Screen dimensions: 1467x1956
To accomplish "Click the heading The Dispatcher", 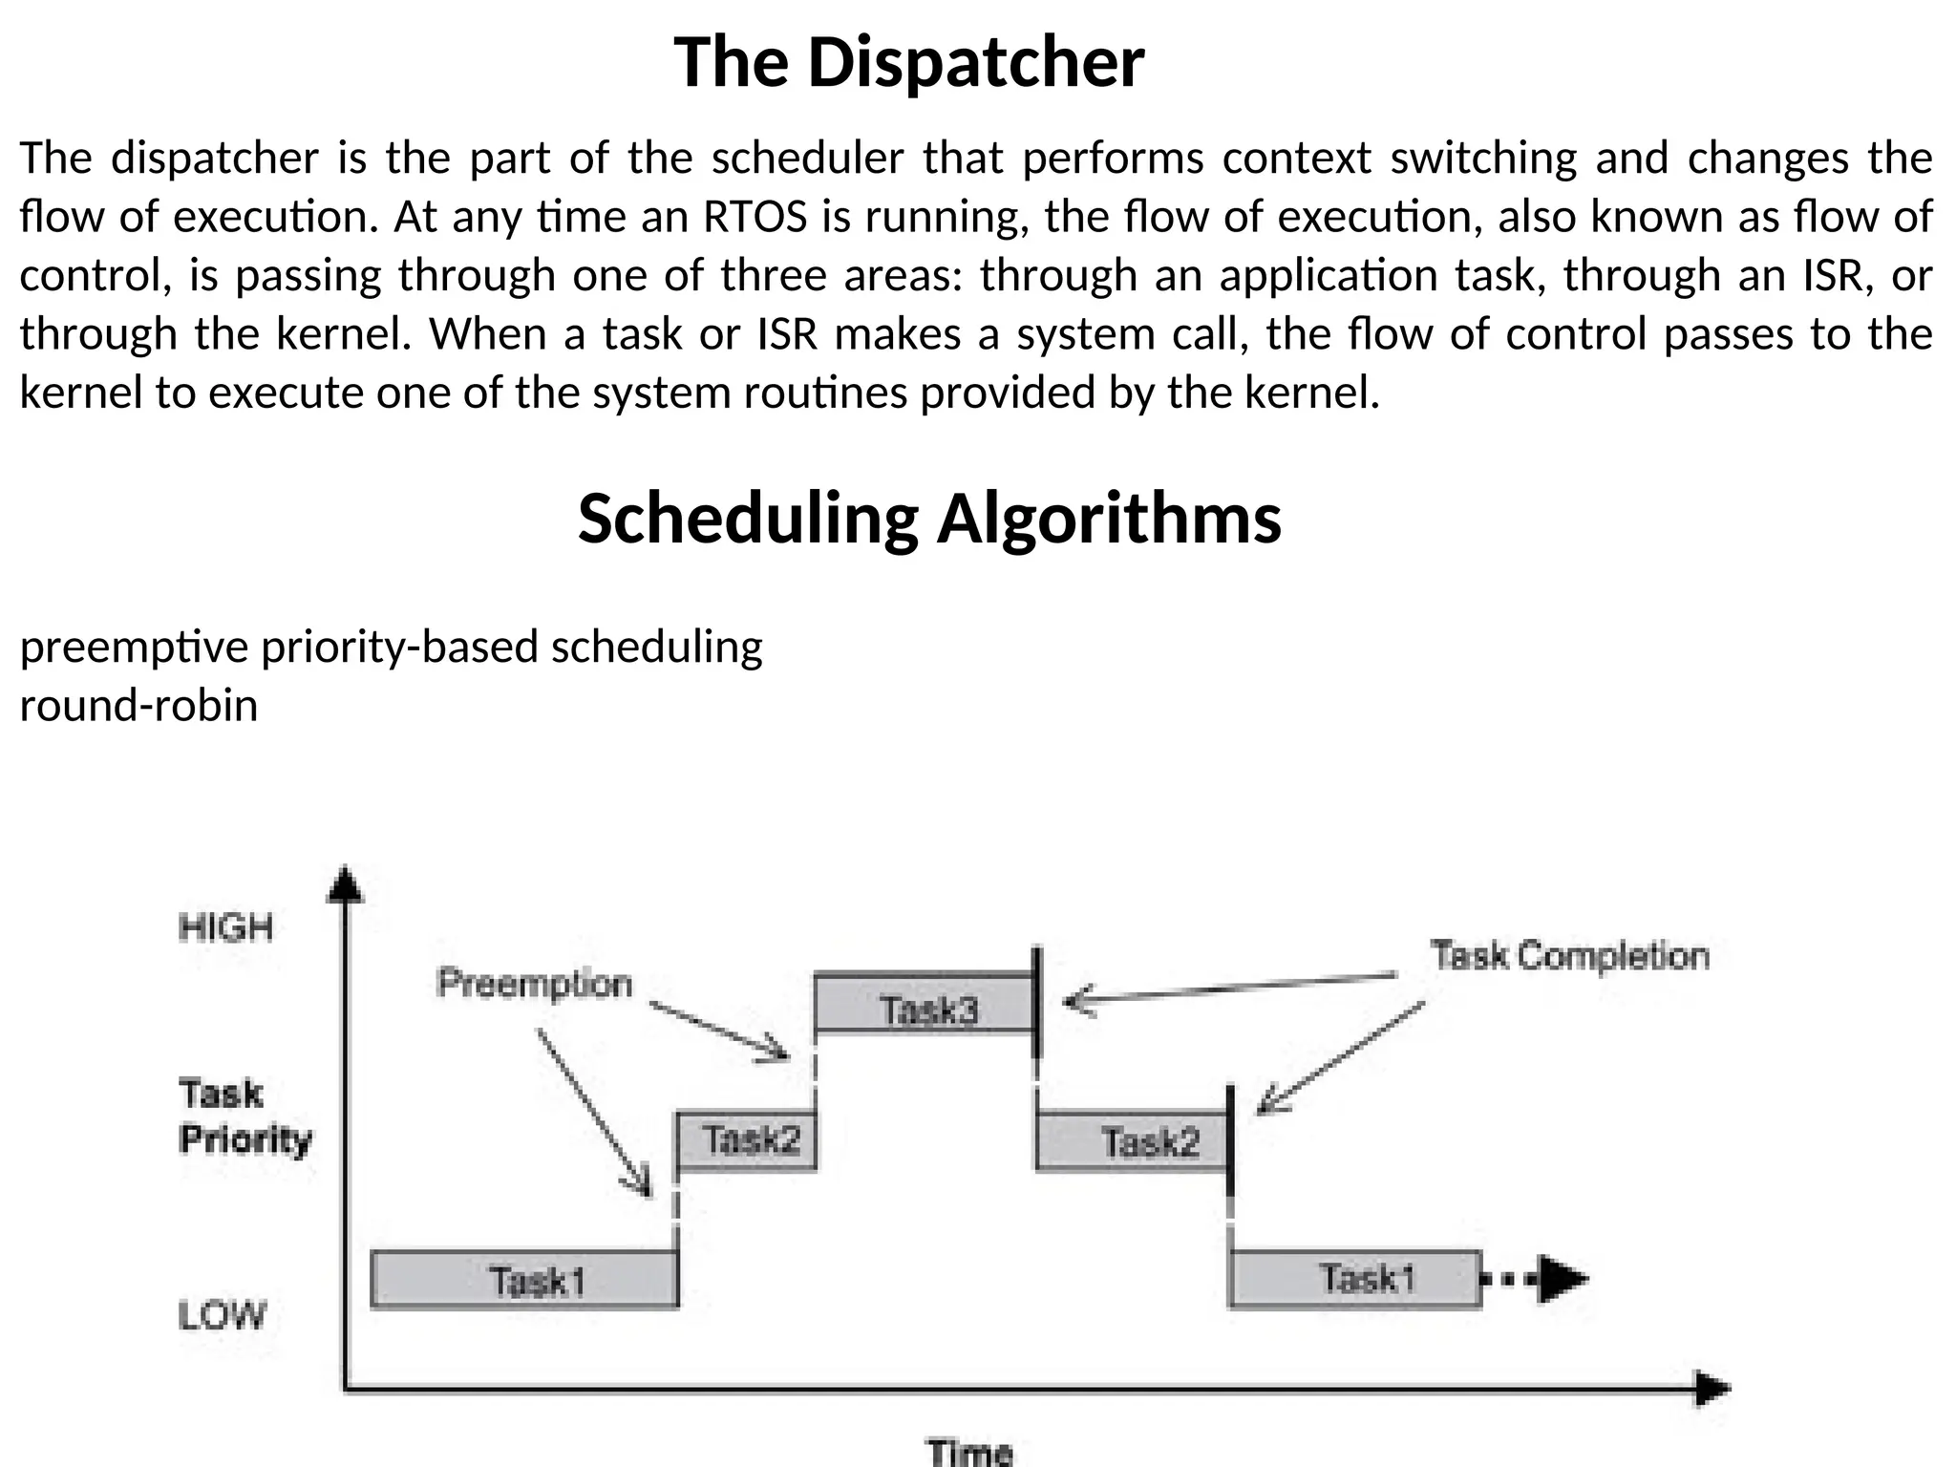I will tap(908, 62).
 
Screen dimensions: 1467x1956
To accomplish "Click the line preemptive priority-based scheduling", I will tap(391, 647).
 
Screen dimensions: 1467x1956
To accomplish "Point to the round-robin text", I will tap(138, 706).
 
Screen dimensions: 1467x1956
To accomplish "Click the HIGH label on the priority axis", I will tap(225, 927).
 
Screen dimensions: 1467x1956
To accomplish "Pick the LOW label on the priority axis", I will tap(222, 1315).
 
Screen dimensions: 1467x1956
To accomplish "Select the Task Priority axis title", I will tap(244, 1116).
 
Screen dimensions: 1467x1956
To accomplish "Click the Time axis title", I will tap(969, 1452).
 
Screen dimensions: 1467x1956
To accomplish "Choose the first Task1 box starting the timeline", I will tap(524, 1279).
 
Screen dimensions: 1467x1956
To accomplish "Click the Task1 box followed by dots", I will tap(1354, 1278).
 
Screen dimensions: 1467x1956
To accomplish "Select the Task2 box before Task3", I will tap(747, 1140).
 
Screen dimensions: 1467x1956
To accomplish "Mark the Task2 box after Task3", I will tap(1132, 1141).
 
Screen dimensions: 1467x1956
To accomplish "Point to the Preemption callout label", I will tap(534, 983).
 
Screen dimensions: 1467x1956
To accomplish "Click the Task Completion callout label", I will tap(1569, 956).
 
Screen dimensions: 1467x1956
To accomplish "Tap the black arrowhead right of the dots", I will tap(1561, 1279).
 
